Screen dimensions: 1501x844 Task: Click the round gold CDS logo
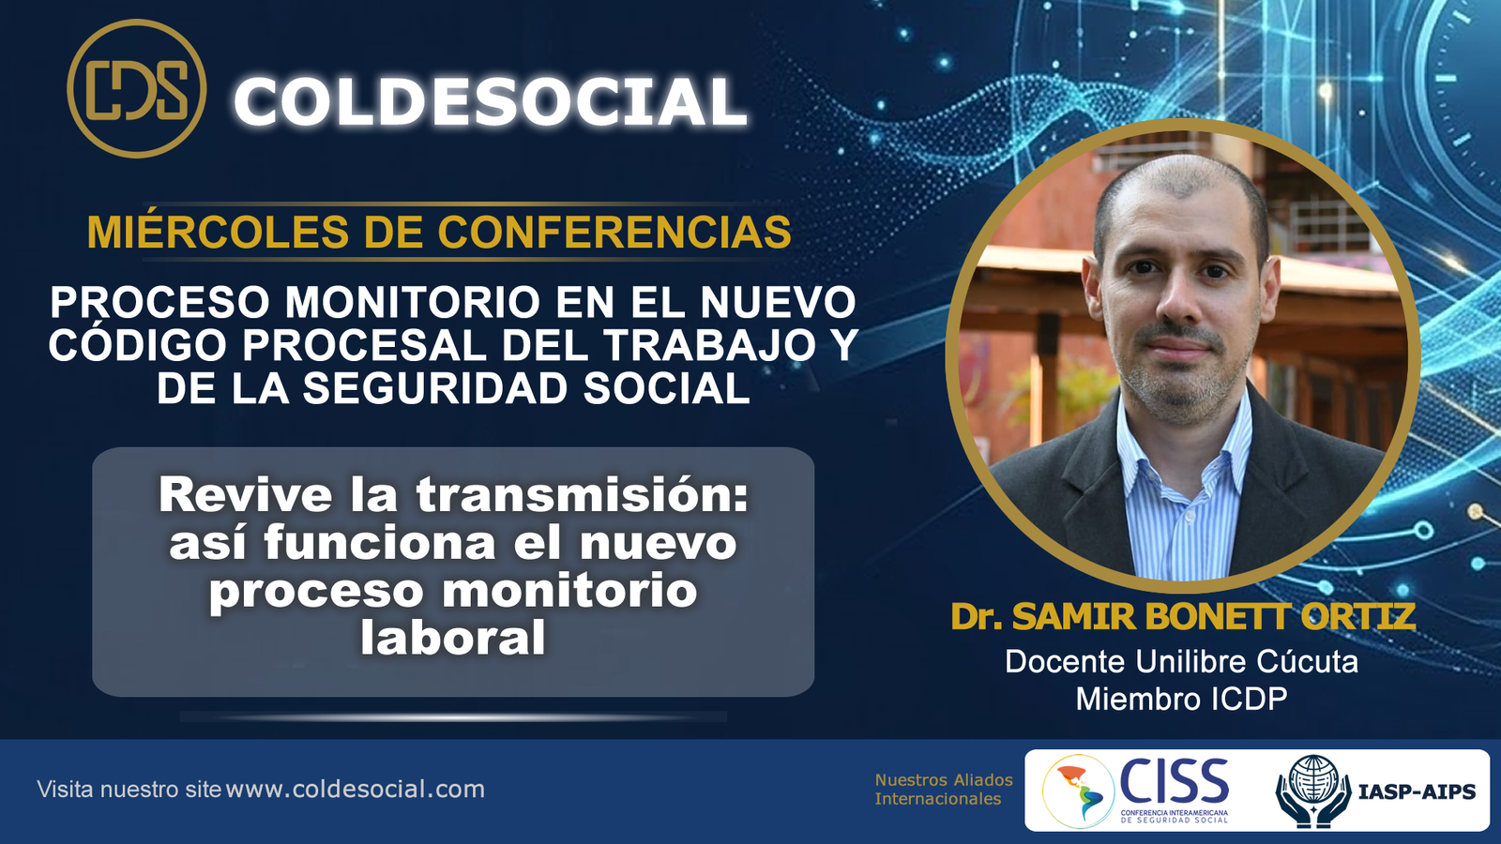coord(137,88)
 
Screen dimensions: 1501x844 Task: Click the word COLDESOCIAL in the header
coord(491,101)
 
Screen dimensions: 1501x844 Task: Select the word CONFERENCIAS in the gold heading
coord(614,232)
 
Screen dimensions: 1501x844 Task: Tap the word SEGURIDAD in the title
coord(435,388)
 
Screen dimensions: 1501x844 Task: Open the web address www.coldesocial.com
coord(355,789)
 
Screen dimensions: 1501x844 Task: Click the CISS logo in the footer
coord(1136,791)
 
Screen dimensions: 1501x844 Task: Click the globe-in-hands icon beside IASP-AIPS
coord(1313,791)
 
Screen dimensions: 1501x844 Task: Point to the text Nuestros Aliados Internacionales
coord(944,789)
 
